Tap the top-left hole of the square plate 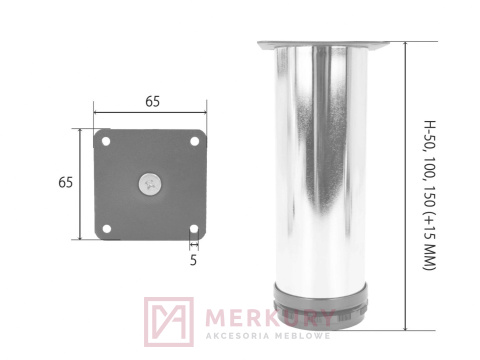point(105,140)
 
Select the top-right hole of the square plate point(194,140)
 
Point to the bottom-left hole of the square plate point(105,228)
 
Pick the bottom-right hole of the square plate point(194,228)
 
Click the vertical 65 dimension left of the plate point(65,183)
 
